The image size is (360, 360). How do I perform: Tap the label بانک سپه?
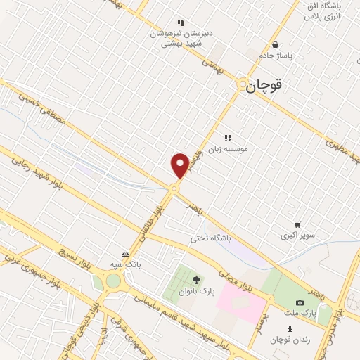(x=126, y=264)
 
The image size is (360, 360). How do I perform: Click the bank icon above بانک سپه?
(x=125, y=254)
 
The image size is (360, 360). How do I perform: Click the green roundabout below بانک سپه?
(x=112, y=282)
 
